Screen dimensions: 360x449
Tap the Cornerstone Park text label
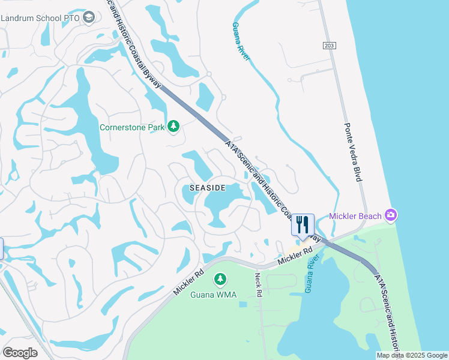pyautogui.click(x=124, y=127)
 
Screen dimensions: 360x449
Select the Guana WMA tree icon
pyautogui.click(x=220, y=279)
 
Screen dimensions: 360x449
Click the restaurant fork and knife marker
pyautogui.click(x=303, y=225)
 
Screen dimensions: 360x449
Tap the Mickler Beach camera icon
pyautogui.click(x=391, y=215)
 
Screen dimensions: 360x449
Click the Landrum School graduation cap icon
pyautogui.click(x=89, y=17)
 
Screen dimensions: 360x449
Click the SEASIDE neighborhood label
pyautogui.click(x=207, y=188)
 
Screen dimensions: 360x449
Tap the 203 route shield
pyautogui.click(x=328, y=46)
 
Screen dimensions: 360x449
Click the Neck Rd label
pyautogui.click(x=258, y=285)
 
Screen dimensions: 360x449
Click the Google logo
pyautogui.click(x=20, y=353)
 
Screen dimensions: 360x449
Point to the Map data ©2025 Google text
pyautogui.click(x=412, y=355)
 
